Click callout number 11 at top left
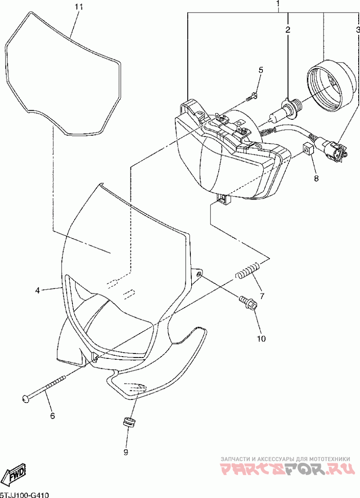coord(79,7)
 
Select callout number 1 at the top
coord(278,5)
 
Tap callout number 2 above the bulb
coord(288,30)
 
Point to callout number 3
coord(358,30)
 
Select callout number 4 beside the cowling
coord(38,291)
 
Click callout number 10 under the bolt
coord(261,338)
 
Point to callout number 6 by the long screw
coord(52,416)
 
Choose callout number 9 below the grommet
coord(126,451)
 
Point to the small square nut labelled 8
coord(307,148)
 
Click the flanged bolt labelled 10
coord(247,302)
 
